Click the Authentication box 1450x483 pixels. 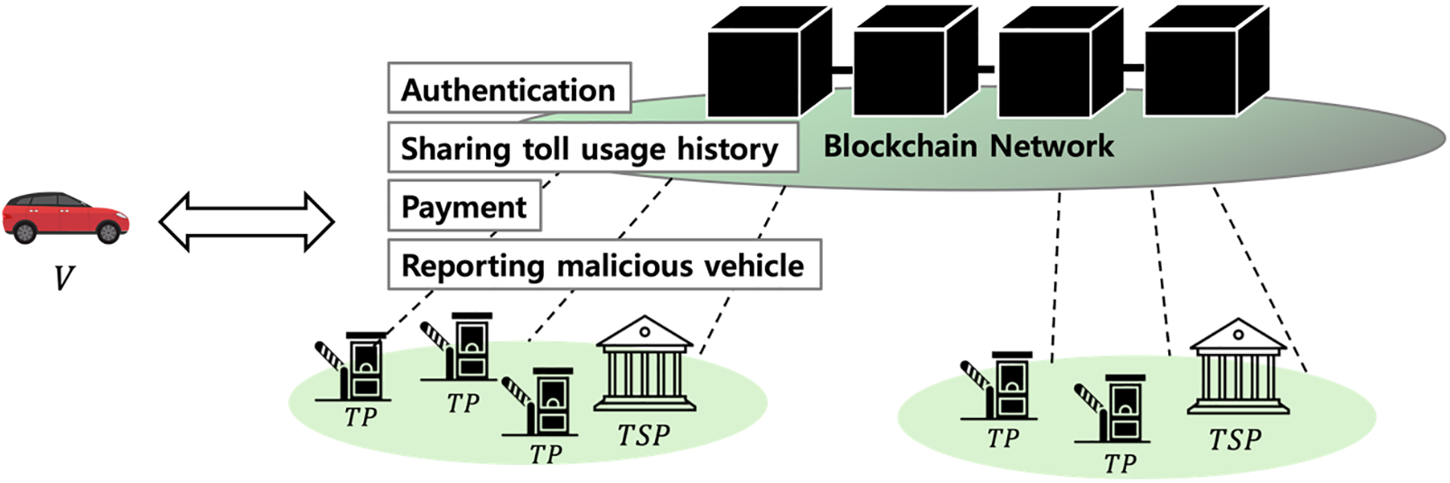pyautogui.click(x=509, y=88)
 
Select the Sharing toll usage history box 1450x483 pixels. pyautogui.click(x=592, y=148)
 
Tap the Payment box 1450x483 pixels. pyautogui.click(x=463, y=207)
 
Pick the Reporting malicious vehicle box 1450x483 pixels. pyautogui.click(x=603, y=265)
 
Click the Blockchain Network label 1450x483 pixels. pyautogui.click(x=968, y=146)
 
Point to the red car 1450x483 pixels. pyautogui.click(x=66, y=217)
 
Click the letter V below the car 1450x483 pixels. pyautogui.click(x=63, y=276)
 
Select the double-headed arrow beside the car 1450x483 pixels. pyautogui.click(x=247, y=220)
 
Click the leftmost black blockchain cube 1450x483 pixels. pyautogui.click(x=769, y=63)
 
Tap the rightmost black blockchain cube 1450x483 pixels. pyautogui.click(x=1205, y=63)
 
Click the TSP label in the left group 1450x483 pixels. pyautogui.click(x=644, y=436)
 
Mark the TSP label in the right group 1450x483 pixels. pyautogui.click(x=1235, y=440)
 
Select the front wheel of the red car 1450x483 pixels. pyautogui.click(x=108, y=232)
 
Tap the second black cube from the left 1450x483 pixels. pyautogui.click(x=914, y=63)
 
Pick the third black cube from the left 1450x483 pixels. pyautogui.click(x=1060, y=63)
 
